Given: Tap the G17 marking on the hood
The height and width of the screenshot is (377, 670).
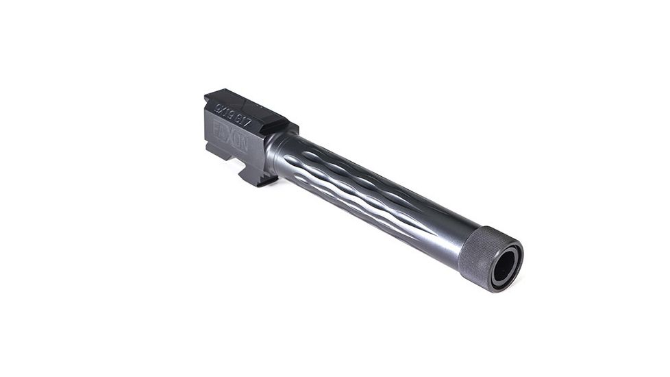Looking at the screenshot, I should (x=242, y=122).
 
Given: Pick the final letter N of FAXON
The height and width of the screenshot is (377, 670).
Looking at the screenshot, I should (x=245, y=142).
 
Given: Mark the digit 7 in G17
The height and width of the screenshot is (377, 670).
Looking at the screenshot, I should (x=248, y=125).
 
